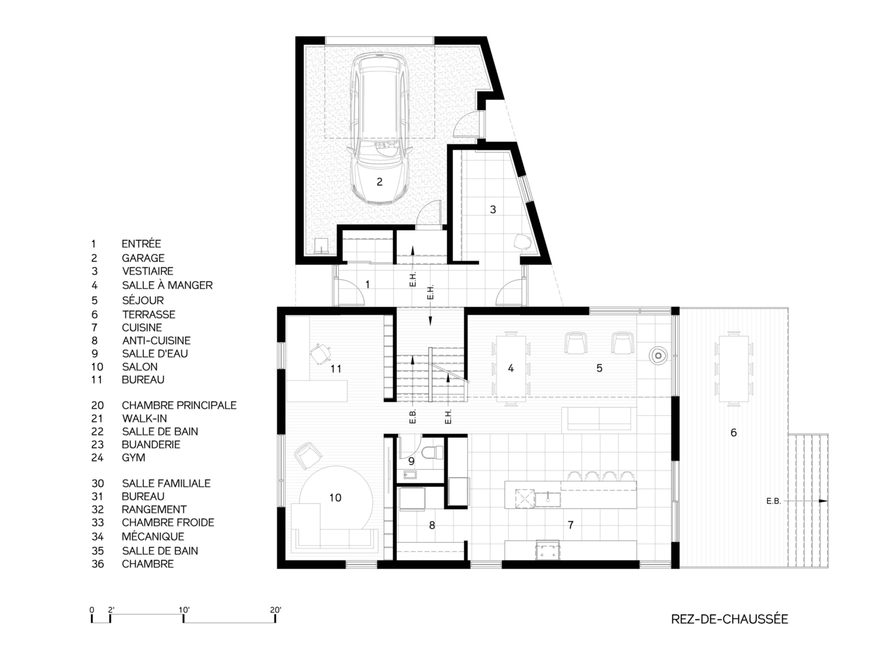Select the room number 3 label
[x=492, y=209]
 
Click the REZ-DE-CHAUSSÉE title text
[x=729, y=619]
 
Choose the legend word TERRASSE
[x=149, y=315]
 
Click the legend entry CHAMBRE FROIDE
[x=168, y=523]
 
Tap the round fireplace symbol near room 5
[x=658, y=355]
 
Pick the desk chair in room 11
[x=321, y=354]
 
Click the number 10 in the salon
[x=335, y=498]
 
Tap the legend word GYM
[x=133, y=457]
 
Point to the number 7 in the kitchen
[x=570, y=525]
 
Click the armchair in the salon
[x=308, y=455]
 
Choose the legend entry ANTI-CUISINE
[x=156, y=341]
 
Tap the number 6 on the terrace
[x=733, y=432]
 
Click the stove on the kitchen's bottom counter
[x=548, y=549]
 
